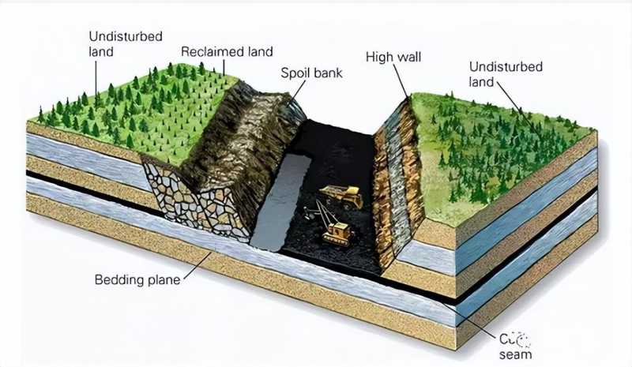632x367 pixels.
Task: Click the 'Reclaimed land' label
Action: (x=227, y=51)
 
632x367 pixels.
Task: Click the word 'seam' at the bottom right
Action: (x=516, y=354)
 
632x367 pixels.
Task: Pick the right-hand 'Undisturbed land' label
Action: (x=506, y=74)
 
